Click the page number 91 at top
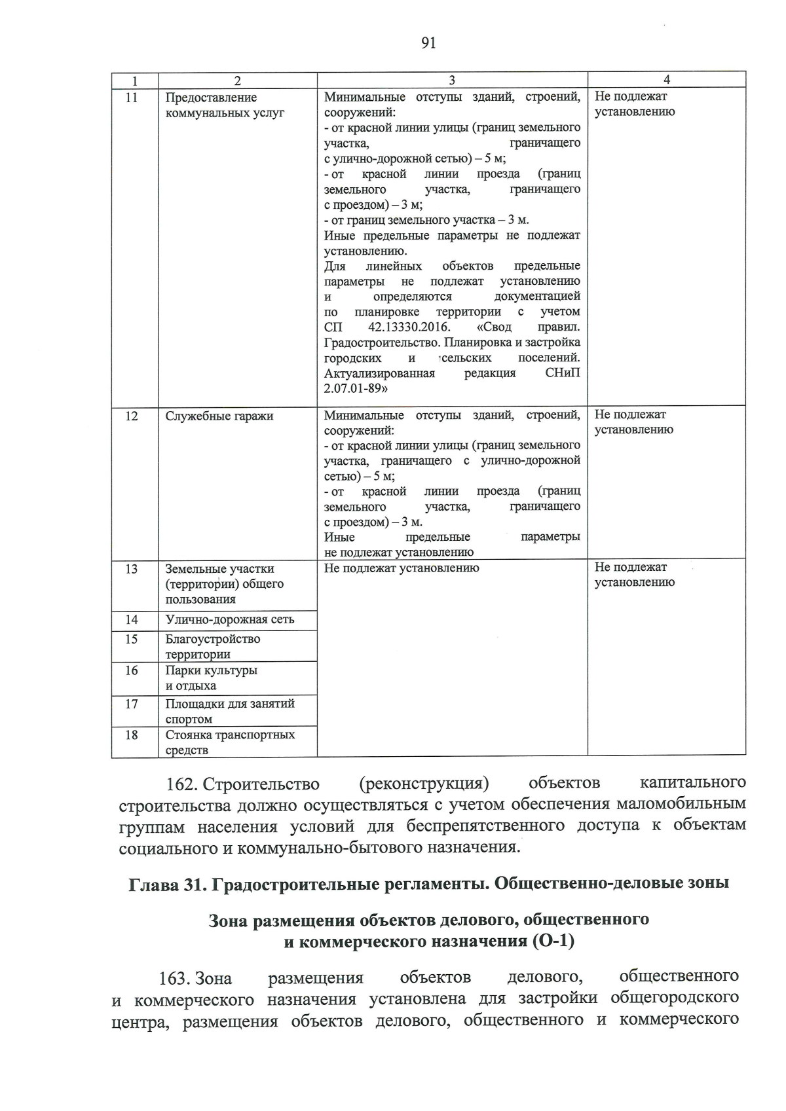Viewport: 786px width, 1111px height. click(x=428, y=43)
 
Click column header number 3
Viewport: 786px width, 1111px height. click(x=452, y=80)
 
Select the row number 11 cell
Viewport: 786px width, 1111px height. click(x=132, y=98)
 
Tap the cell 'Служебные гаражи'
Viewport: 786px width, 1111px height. click(x=219, y=416)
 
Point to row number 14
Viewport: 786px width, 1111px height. click(x=132, y=619)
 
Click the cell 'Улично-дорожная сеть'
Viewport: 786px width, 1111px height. click(x=229, y=619)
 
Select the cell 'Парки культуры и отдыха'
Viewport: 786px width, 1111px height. click(x=211, y=678)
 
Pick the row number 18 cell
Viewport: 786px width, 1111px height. click(x=132, y=735)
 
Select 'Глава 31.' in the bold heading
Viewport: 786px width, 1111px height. click(x=164, y=884)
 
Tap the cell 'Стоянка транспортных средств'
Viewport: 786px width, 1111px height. click(x=229, y=742)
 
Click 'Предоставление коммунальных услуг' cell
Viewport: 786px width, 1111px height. click(x=225, y=105)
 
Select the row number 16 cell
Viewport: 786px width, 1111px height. click(x=132, y=670)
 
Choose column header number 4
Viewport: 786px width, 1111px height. click(x=666, y=80)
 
